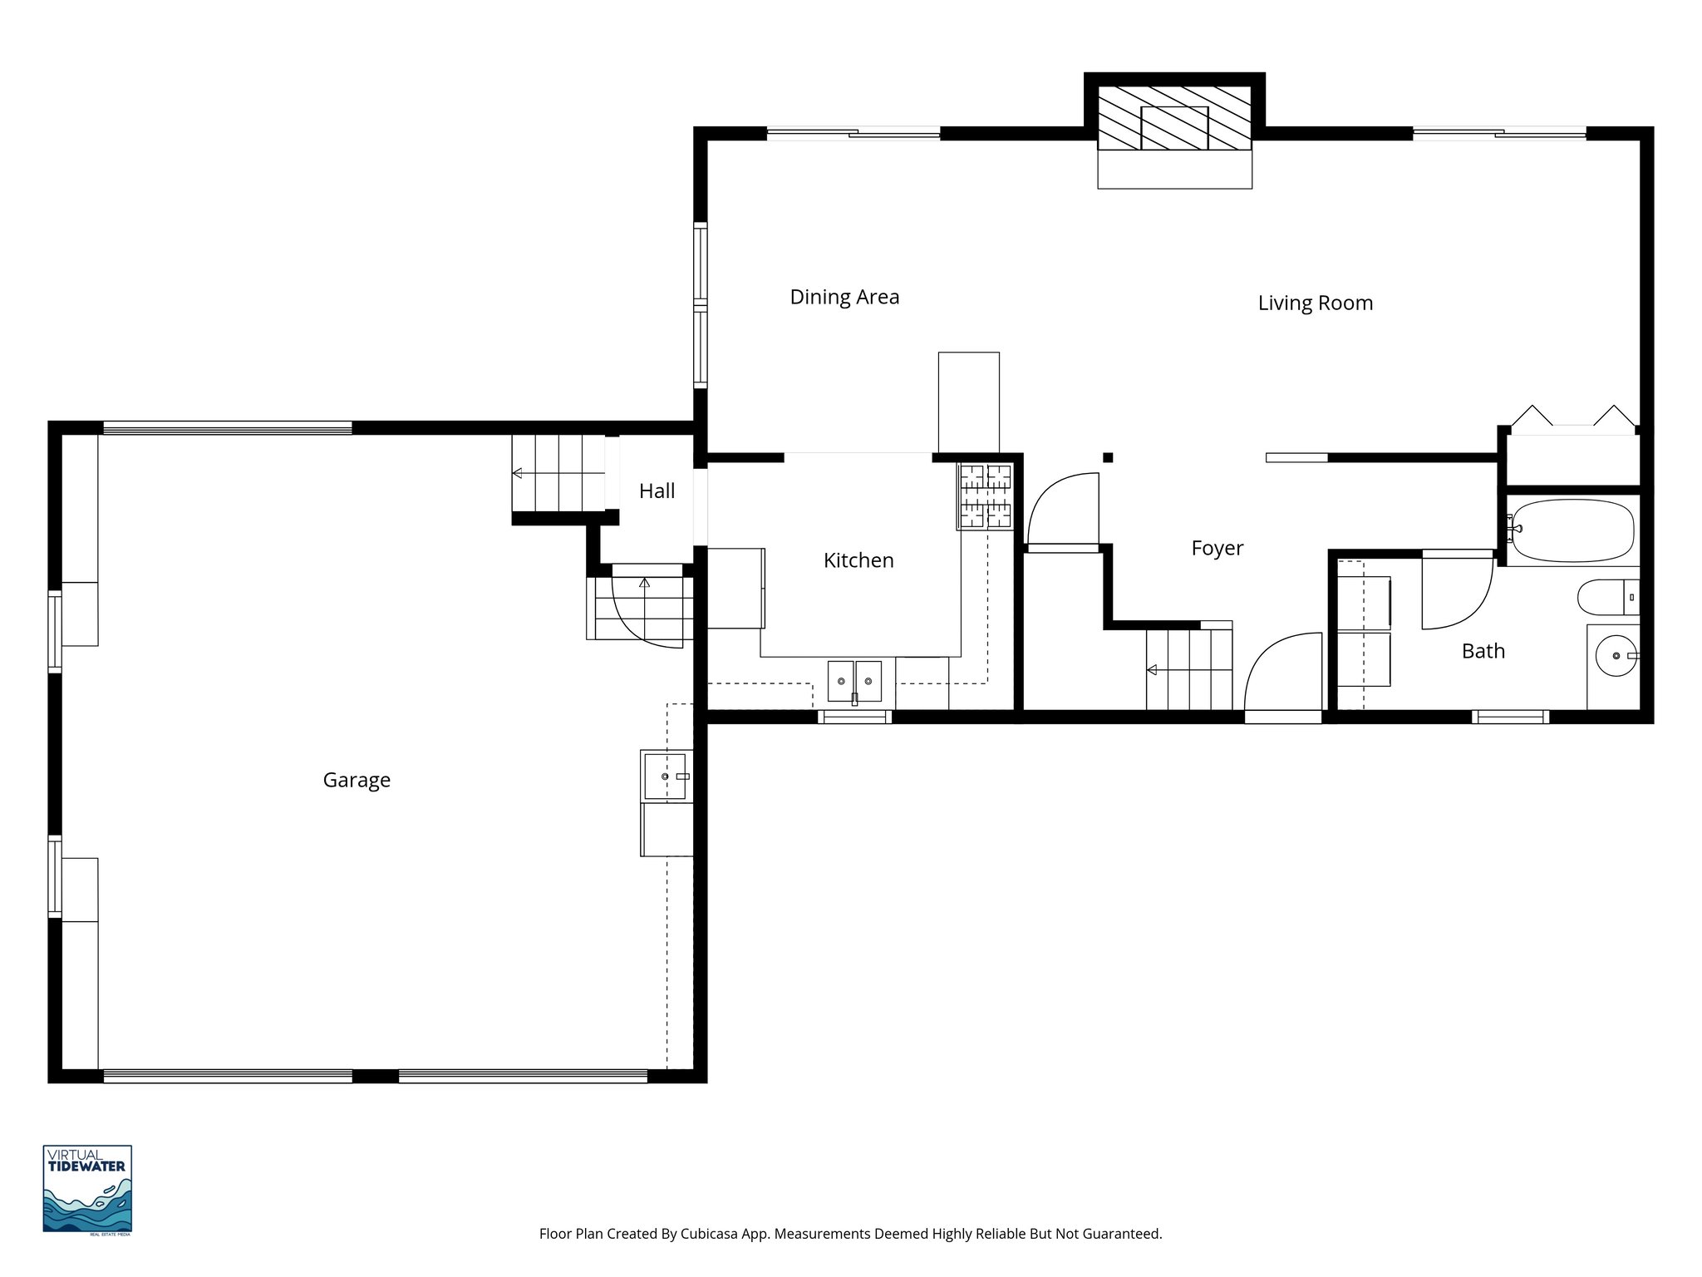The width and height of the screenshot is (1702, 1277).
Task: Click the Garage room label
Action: point(357,780)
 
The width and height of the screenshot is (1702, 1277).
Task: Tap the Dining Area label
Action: point(844,297)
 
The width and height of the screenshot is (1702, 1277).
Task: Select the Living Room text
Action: point(1315,303)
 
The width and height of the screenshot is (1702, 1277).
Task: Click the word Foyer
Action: point(1217,548)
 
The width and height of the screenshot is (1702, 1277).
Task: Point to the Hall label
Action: point(657,491)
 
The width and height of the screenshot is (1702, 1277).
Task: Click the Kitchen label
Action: point(858,560)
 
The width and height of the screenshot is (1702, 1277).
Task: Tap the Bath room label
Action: point(1483,651)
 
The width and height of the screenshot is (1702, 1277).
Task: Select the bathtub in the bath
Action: point(1572,530)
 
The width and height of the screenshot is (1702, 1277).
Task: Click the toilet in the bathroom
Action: point(1604,596)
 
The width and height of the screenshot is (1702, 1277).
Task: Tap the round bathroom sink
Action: point(1616,656)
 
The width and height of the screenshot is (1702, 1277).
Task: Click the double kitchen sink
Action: point(854,681)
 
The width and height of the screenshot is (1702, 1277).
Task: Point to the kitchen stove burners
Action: point(986,496)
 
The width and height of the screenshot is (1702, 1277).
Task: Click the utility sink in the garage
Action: point(665,776)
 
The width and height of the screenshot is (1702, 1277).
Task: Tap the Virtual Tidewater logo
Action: point(87,1190)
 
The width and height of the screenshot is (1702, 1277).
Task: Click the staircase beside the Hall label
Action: point(558,473)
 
